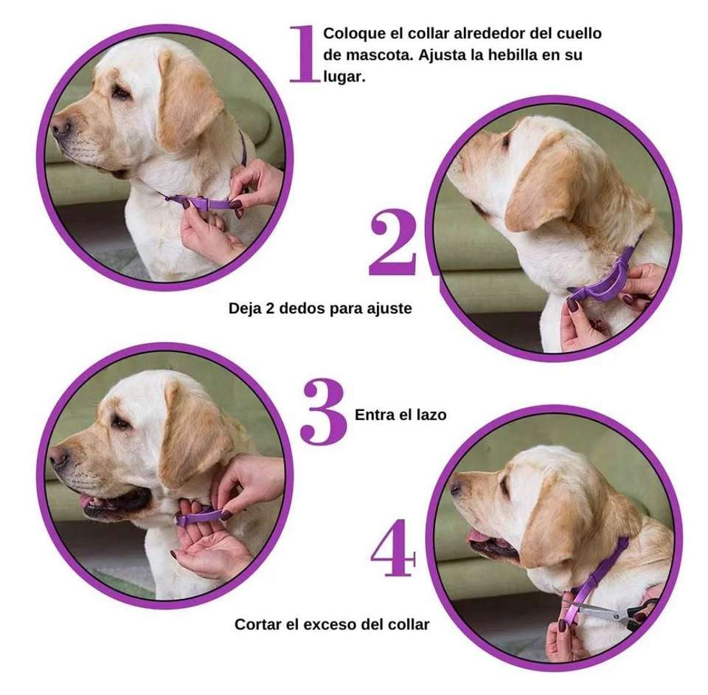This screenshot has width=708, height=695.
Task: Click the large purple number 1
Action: (304, 53)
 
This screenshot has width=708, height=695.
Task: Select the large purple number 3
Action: (323, 414)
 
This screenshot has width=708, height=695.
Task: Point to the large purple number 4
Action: (394, 553)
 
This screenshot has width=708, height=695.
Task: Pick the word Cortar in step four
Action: (258, 624)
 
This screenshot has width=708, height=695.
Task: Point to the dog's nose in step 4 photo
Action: (457, 487)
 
